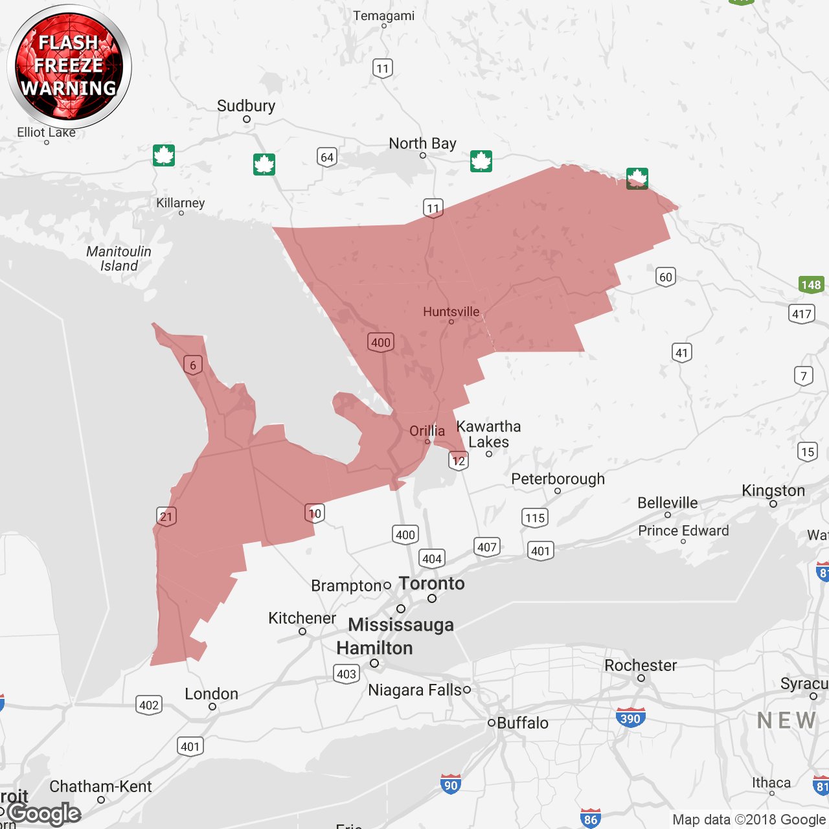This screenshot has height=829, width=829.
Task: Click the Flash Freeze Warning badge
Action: click(69, 65)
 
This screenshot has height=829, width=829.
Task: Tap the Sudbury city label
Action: click(246, 106)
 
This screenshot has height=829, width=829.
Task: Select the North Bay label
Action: click(422, 143)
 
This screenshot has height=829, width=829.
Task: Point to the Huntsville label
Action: click(451, 312)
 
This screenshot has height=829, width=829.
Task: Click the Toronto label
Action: click(432, 584)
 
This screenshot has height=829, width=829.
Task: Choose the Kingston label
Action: click(773, 491)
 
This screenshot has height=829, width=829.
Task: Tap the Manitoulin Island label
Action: click(119, 258)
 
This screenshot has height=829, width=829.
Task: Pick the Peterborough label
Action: click(558, 479)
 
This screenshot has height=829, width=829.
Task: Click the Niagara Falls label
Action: click(414, 690)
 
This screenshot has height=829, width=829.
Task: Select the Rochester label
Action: click(641, 666)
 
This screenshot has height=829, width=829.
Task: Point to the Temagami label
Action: click(383, 16)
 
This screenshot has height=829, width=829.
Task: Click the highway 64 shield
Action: click(327, 157)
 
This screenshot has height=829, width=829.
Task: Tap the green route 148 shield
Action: click(811, 284)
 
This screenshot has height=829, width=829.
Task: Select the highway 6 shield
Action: click(193, 365)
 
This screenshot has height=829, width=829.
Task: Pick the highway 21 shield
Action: click(166, 516)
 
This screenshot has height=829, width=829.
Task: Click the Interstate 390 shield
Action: click(630, 718)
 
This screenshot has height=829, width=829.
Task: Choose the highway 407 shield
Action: click(486, 547)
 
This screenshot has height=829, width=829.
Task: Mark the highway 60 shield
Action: click(665, 277)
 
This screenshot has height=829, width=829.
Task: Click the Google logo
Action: click(44, 813)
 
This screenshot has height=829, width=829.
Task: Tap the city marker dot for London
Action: click(212, 707)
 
